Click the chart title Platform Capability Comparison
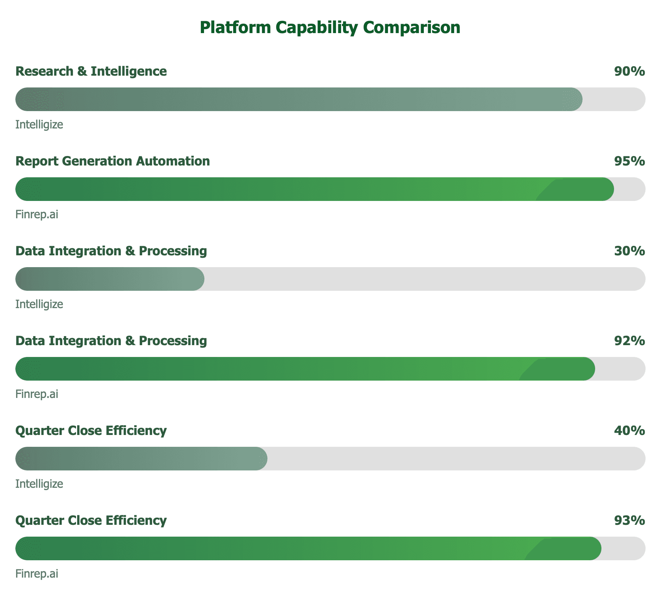pyautogui.click(x=330, y=28)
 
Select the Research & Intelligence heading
pyautogui.click(x=91, y=71)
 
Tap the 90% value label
pyautogui.click(x=629, y=71)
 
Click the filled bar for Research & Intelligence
pyautogui.click(x=299, y=99)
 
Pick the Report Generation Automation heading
pyautogui.click(x=113, y=161)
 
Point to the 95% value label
pyautogui.click(x=629, y=161)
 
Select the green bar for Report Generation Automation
pyautogui.click(x=314, y=189)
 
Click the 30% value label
pyautogui.click(x=629, y=251)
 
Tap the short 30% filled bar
pyautogui.click(x=110, y=279)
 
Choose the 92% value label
pyautogui.click(x=629, y=341)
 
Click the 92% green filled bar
pyautogui.click(x=305, y=369)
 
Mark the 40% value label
pyautogui.click(x=629, y=431)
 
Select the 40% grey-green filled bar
pyautogui.click(x=141, y=459)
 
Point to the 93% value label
pyautogui.click(x=629, y=520)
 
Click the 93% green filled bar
pyautogui.click(x=308, y=548)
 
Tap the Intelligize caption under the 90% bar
pyautogui.click(x=39, y=125)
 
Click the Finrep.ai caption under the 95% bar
pyautogui.click(x=37, y=214)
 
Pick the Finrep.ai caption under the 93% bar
pyautogui.click(x=37, y=574)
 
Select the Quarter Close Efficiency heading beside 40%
pyautogui.click(x=91, y=431)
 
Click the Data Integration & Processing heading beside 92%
pyautogui.click(x=111, y=341)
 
